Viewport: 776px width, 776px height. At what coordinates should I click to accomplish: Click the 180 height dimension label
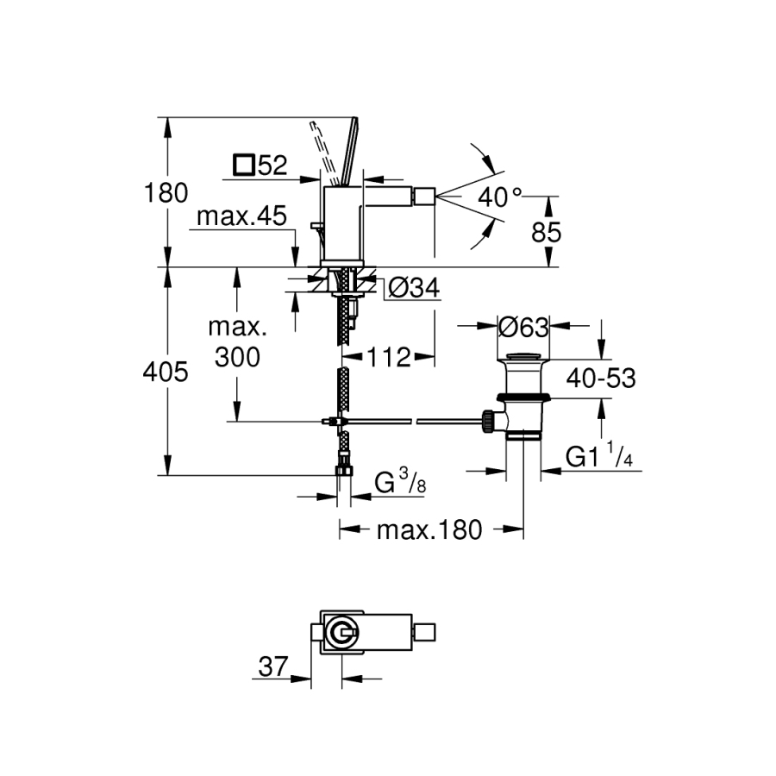167,193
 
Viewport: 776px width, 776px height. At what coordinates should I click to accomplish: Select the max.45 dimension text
241,216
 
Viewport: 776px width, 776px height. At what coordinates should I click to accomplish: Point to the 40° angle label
501,197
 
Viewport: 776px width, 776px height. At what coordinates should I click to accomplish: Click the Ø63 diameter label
523,327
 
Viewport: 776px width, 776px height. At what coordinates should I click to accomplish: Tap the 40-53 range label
601,378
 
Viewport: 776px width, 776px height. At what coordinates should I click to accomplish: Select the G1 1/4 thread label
599,457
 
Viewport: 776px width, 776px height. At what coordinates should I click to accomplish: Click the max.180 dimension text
429,529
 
